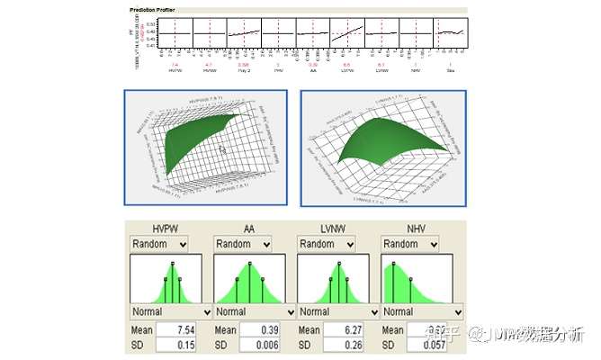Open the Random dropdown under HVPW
(158, 244)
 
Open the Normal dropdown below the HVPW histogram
(170, 312)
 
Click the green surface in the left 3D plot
(198, 135)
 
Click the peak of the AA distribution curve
(249, 265)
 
